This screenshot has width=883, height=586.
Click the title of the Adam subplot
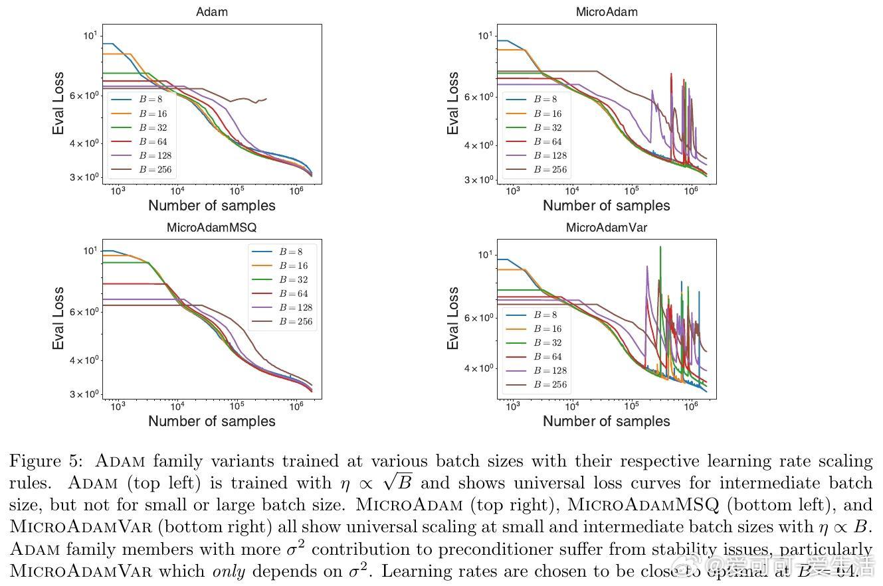[x=211, y=12]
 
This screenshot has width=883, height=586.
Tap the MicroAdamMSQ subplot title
[x=211, y=228]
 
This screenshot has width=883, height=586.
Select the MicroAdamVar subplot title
[x=606, y=228]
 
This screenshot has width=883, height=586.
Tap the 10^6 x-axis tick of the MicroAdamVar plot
[x=691, y=406]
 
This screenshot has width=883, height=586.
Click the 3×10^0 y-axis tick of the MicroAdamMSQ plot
[x=84, y=394]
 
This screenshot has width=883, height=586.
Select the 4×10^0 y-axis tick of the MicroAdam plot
[x=479, y=145]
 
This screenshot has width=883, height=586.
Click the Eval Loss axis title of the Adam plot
[x=59, y=103]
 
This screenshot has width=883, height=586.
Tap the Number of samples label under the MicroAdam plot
[x=606, y=206]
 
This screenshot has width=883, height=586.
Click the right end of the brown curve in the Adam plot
[x=266, y=99]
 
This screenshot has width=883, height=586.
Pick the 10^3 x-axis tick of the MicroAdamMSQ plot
[x=118, y=406]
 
